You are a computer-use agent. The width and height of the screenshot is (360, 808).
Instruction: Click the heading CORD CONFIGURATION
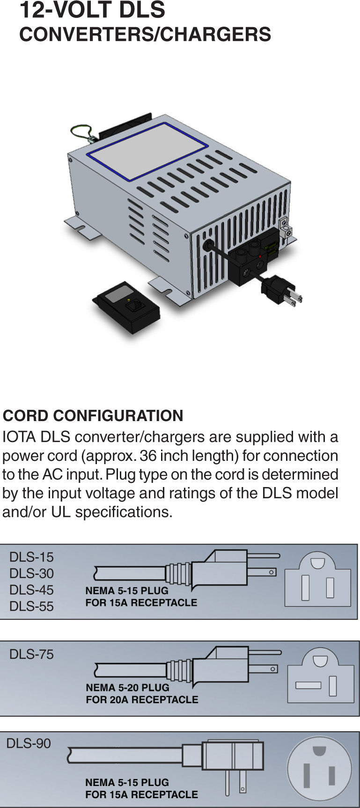pos(93,416)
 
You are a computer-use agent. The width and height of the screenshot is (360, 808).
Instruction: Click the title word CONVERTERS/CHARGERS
pos(145,35)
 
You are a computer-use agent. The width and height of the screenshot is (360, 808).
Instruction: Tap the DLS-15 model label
pos(31,557)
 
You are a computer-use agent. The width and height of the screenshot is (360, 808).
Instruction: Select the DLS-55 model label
pos(31,606)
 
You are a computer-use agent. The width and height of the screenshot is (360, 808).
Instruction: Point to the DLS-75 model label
pos(31,654)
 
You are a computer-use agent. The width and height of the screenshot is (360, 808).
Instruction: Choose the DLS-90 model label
pos(29,743)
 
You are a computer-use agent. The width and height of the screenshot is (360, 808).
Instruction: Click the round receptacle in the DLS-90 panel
pos(319,770)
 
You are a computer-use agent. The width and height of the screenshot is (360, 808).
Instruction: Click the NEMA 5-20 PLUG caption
pos(128,688)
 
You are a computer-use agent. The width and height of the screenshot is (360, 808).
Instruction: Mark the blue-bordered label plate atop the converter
pos(148,151)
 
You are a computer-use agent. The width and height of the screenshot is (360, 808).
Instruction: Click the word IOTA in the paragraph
pos(19,437)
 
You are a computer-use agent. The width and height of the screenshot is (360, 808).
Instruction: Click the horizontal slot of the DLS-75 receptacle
pos(308,685)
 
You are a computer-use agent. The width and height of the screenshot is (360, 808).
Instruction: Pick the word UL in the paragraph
pos(61,512)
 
